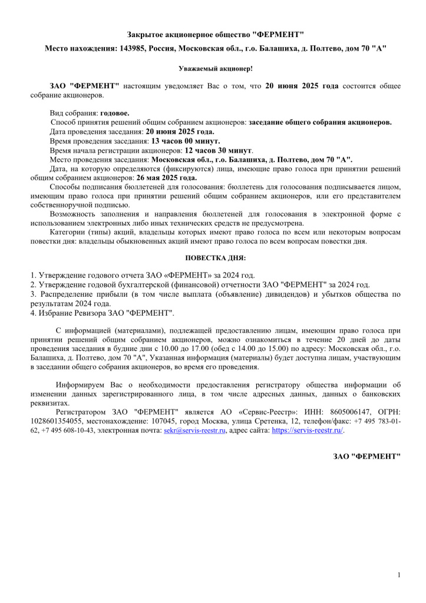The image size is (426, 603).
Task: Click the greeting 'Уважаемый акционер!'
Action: coord(216,68)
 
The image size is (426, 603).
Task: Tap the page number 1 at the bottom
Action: coord(399,575)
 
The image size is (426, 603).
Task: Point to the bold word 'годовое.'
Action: coord(115,112)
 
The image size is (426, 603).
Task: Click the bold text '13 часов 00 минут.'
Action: coord(186,141)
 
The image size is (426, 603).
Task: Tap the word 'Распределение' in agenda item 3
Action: coord(65,294)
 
